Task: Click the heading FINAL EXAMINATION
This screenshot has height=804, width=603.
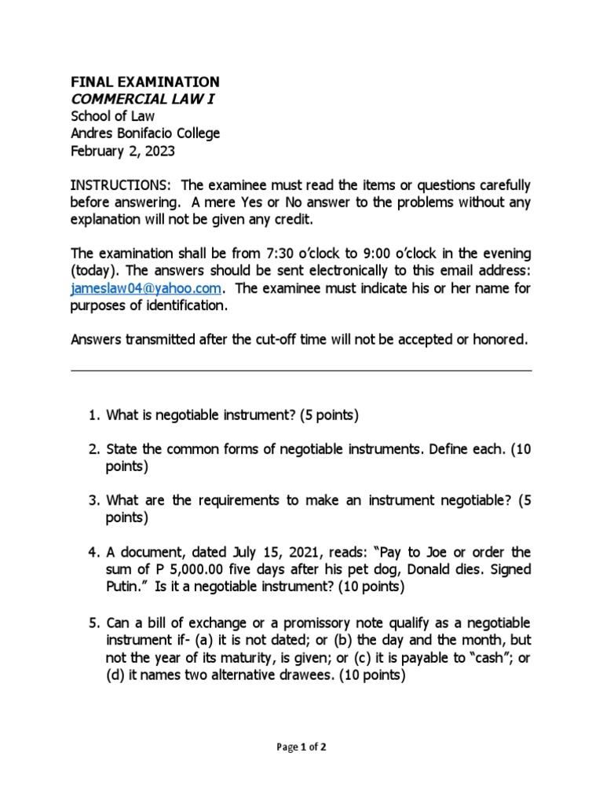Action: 145,82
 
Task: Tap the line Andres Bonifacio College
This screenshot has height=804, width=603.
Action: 145,133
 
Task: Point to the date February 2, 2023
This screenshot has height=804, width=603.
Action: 123,151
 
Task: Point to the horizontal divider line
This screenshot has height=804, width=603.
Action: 301,371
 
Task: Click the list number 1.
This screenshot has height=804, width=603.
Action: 92,415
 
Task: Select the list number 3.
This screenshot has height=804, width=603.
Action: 92,500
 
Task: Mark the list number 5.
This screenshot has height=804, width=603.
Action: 92,623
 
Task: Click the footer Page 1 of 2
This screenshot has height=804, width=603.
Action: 301,747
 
